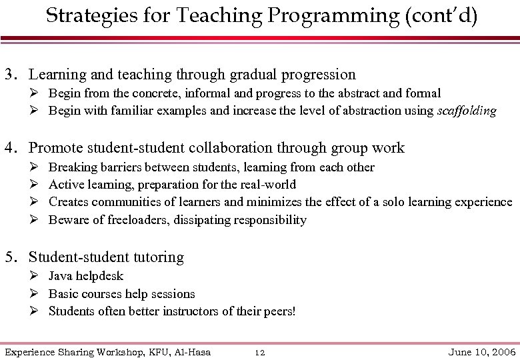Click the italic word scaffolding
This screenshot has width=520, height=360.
click(466, 111)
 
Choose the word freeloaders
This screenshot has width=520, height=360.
click(138, 220)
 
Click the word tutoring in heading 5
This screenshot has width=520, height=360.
click(157, 257)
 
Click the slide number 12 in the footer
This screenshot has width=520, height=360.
click(261, 351)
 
